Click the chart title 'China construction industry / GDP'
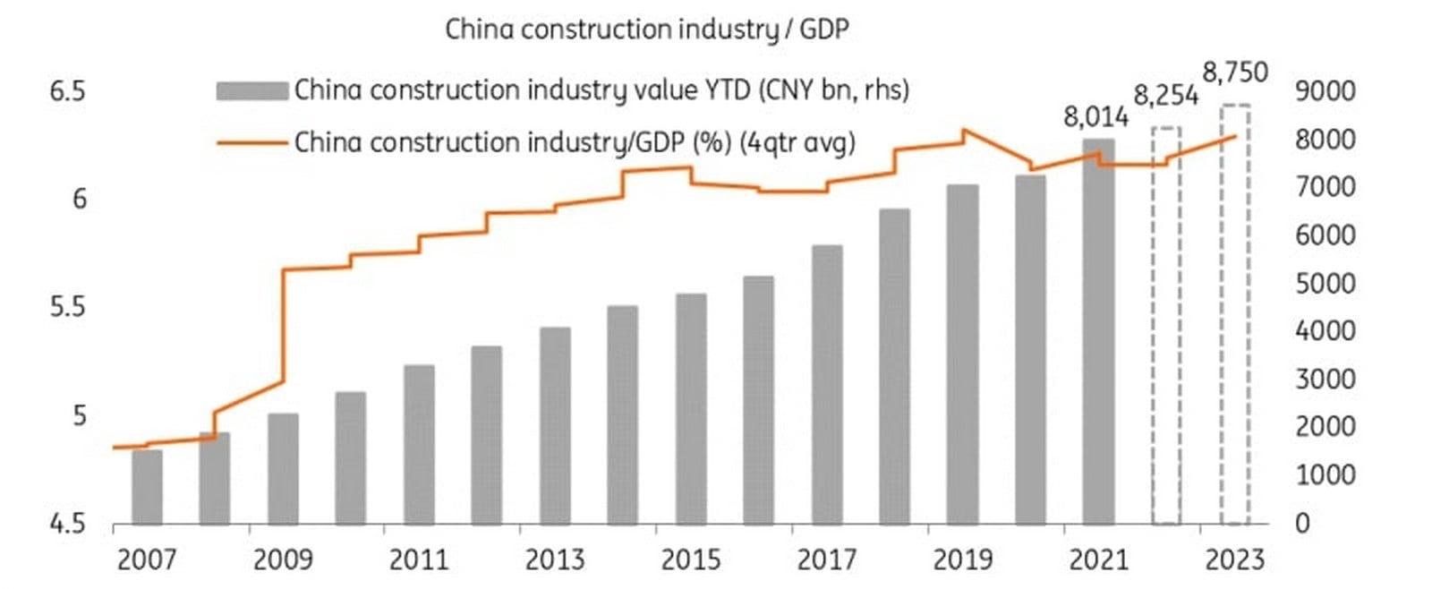pos(647,30)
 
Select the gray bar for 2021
pos(1098,331)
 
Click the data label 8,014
pos(1095,117)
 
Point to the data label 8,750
pos(1235,73)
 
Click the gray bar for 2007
pos(147,487)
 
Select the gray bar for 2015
pos(691,409)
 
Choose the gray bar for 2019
pos(963,354)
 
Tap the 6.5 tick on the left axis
pos(68,91)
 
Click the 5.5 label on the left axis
pos(68,308)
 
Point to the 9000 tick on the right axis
pos(1325,91)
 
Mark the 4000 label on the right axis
pos(1325,331)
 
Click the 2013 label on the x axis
pos(555,560)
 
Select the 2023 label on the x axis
pos(1235,560)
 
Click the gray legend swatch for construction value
pos(252,90)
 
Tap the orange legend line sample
pos(252,142)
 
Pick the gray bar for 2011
pos(420,445)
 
